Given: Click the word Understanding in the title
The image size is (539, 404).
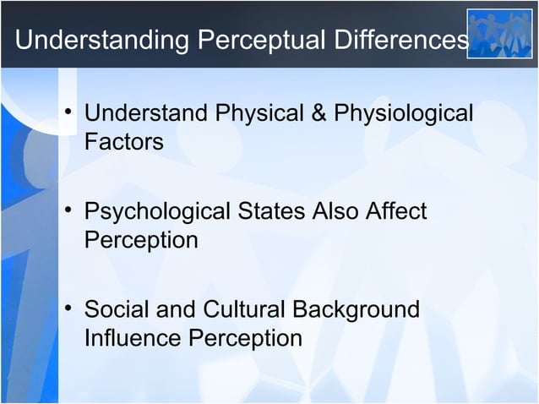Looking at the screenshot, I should pyautogui.click(x=89, y=40).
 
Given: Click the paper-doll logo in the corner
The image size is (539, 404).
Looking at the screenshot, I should pyautogui.click(x=500, y=34).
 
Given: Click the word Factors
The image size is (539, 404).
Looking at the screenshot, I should pyautogui.click(x=123, y=141).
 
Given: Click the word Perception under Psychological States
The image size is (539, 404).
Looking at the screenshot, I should pyautogui.click(x=141, y=240).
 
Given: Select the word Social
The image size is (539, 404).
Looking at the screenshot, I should pyautogui.click(x=117, y=309).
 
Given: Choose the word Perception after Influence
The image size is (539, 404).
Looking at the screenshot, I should pyautogui.click(x=245, y=338).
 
